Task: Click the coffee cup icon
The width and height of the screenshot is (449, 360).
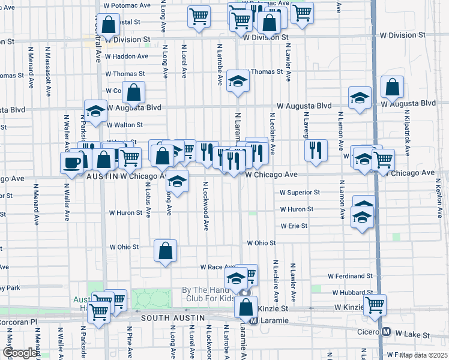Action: (x=71, y=163)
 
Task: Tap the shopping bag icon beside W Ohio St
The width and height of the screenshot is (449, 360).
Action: (x=165, y=250)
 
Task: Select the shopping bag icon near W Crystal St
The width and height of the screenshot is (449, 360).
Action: (x=108, y=26)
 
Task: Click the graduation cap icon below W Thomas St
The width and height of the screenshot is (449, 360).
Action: (x=238, y=83)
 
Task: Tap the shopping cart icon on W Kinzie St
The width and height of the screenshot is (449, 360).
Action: (x=375, y=304)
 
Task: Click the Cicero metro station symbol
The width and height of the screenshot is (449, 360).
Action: (x=386, y=332)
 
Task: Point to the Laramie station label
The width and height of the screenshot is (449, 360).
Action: (x=271, y=320)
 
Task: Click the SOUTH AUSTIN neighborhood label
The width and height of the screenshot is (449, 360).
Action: (x=173, y=318)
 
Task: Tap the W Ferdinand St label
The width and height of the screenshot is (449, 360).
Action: (x=350, y=276)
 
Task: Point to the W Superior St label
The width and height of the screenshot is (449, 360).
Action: (x=300, y=193)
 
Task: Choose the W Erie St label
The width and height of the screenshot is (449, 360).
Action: (x=294, y=226)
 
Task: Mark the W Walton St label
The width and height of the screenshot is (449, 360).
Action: (x=124, y=125)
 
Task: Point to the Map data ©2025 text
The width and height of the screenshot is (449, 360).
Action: (x=423, y=355)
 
